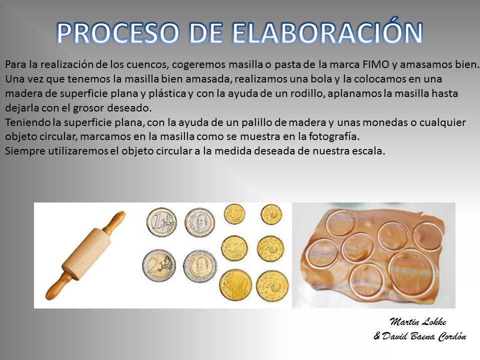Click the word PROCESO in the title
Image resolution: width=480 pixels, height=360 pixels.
coord(117,33)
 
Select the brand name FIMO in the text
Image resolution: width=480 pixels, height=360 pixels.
coord(376,64)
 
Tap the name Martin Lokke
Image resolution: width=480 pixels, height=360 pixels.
coord(418,321)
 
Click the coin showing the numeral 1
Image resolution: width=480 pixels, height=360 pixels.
coord(161,222)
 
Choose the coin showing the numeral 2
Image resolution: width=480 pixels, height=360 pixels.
coord(159,265)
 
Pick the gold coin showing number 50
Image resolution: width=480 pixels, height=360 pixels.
coord(235,285)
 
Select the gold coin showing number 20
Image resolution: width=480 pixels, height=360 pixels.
coord(234,248)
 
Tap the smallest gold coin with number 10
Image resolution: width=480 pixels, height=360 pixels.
coord(234,213)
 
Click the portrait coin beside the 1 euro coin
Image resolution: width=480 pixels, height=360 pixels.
coord(200,223)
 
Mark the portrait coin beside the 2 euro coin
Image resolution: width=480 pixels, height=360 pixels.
coord(200,266)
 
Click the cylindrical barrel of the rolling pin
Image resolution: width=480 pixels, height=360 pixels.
coord(86,254)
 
